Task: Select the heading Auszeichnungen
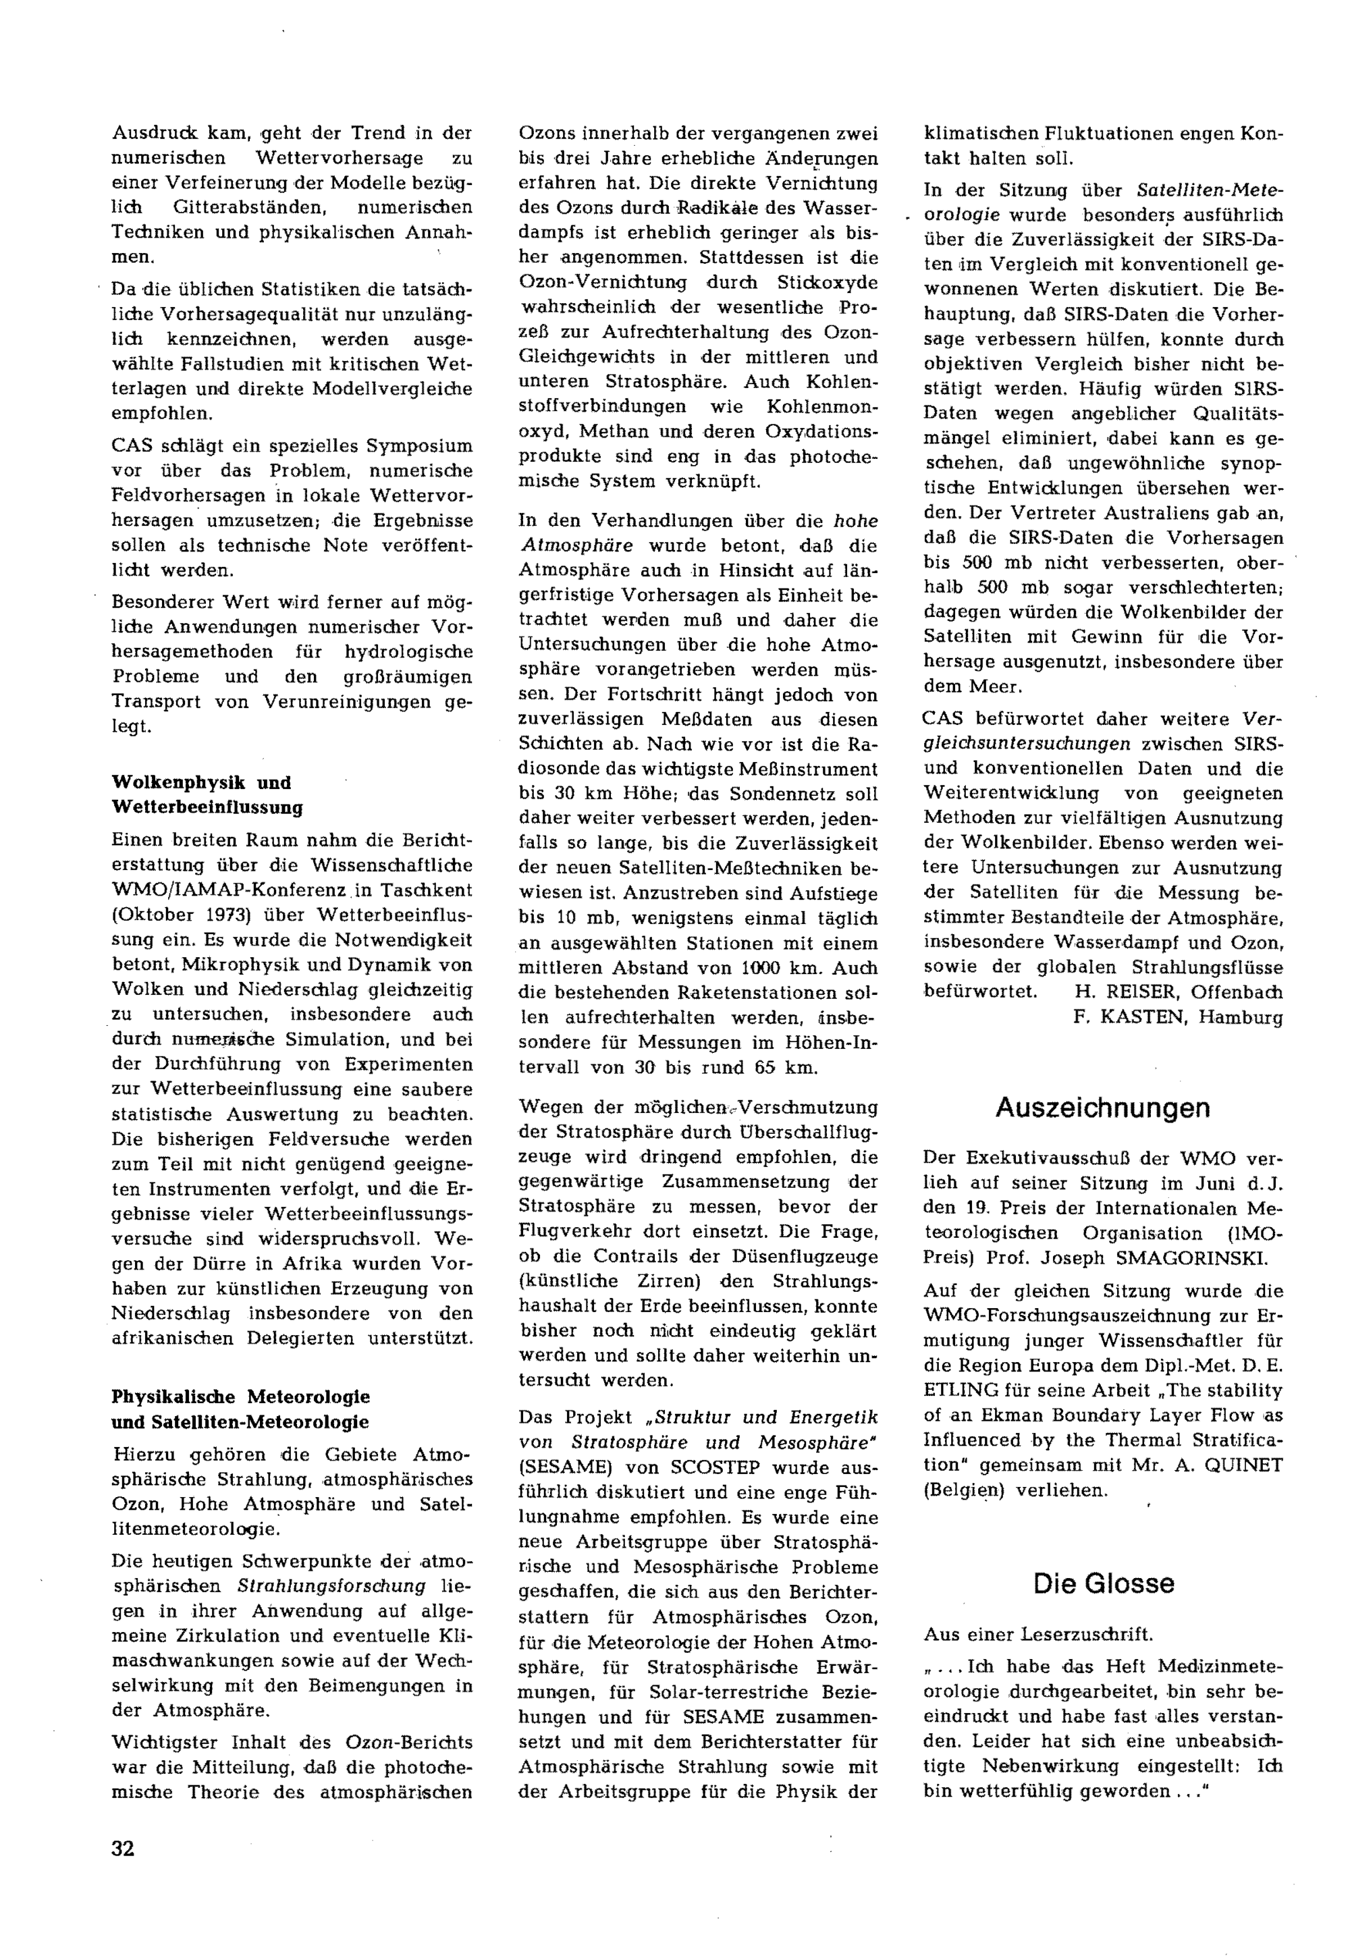(1102, 1108)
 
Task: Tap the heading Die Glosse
(1103, 1583)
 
